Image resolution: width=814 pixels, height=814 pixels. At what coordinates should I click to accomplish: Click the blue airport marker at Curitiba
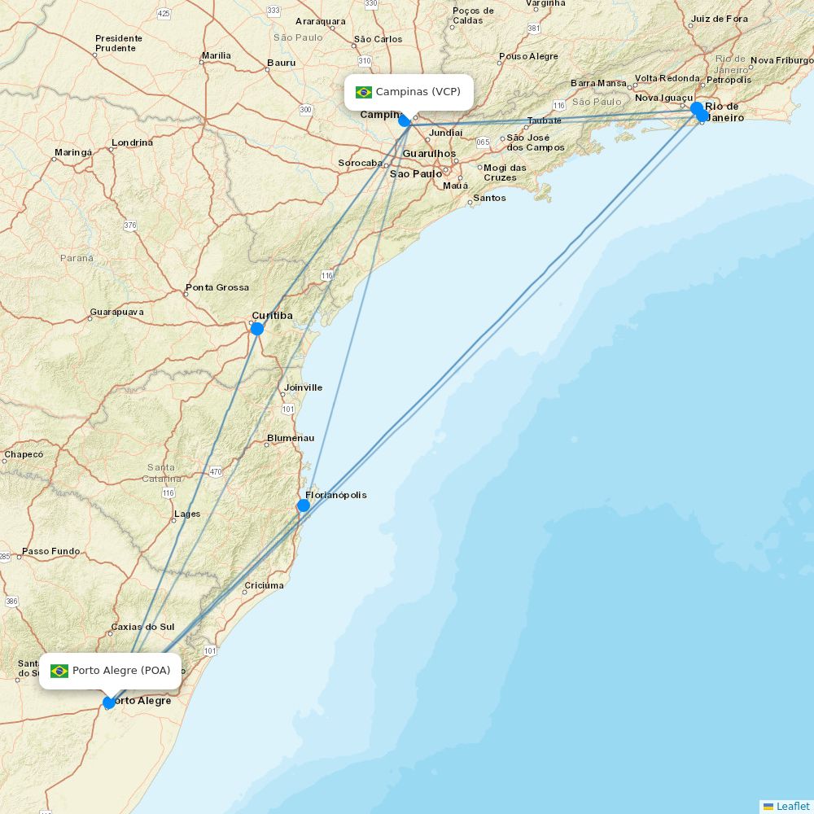coord(257,329)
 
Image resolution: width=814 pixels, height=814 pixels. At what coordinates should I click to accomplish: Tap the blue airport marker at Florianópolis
coord(304,505)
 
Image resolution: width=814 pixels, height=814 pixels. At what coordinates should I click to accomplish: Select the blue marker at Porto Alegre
coord(109,702)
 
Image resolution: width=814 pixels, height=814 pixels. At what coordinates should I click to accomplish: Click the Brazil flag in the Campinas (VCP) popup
coord(364,92)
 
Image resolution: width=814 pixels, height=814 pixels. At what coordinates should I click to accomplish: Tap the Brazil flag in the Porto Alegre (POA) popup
coord(59,671)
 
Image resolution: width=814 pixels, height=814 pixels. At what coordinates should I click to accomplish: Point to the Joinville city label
coord(303,387)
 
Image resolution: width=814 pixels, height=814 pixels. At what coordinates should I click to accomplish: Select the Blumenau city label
coord(291,438)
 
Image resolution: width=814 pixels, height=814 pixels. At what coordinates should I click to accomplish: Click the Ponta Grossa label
coord(217,287)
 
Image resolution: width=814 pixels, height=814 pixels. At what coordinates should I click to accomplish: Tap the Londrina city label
coord(132,142)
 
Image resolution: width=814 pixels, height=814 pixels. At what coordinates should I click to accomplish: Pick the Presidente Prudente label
coord(119,43)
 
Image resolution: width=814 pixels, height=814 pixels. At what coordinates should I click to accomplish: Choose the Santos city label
coord(489,198)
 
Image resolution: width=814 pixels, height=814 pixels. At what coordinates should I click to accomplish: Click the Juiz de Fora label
coord(719,19)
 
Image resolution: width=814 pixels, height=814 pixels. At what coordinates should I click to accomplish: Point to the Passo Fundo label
coord(50,551)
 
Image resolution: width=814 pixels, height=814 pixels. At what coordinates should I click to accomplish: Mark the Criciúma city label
coord(265,585)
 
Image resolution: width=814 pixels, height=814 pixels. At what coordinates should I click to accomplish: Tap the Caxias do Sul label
coord(142,627)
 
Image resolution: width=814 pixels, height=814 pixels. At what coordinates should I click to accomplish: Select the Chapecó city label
coord(23,454)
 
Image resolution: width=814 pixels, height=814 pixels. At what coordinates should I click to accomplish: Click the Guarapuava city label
coord(116,312)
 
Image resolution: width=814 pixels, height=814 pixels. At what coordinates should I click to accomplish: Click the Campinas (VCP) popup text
coord(418,92)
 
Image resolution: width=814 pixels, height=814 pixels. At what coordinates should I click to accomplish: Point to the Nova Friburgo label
coord(781,60)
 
